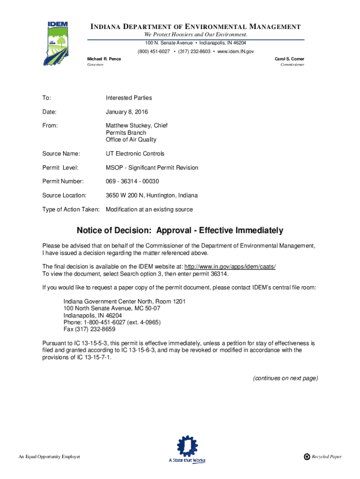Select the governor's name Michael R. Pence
(104, 59)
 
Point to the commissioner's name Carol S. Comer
(290, 59)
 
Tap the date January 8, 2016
(127, 112)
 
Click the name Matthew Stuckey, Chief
(137, 125)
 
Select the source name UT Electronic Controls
(135, 153)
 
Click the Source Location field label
(64, 195)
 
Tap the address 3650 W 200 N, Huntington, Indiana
(151, 195)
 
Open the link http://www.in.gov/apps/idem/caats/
(230, 266)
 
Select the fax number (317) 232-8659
(95, 329)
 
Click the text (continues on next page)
(285, 378)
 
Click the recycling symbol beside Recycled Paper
(307, 457)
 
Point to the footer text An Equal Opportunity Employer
(49, 457)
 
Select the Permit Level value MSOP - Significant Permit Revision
(152, 167)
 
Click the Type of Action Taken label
(71, 209)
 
